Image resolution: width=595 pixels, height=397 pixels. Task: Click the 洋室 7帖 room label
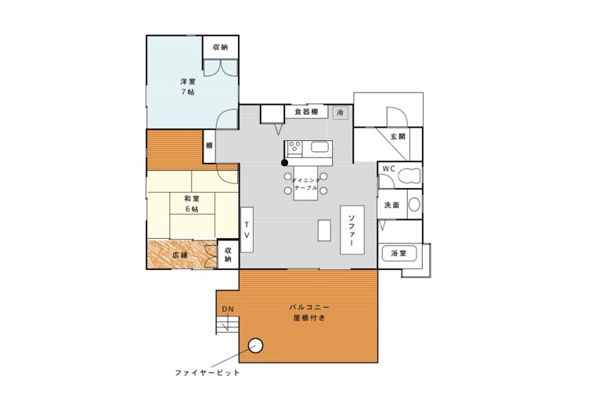(x=187, y=86)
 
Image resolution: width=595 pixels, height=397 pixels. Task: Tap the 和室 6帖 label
(x=191, y=204)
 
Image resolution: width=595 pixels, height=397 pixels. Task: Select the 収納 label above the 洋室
(x=220, y=47)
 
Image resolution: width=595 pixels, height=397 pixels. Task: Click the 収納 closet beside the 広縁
(x=228, y=254)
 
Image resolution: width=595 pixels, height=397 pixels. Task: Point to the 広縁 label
(x=179, y=255)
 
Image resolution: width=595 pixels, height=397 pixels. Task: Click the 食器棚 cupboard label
(x=306, y=112)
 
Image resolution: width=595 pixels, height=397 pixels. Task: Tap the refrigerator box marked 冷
(x=340, y=113)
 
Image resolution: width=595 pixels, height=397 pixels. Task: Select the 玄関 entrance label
(x=398, y=136)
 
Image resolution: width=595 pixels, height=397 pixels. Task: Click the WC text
(x=388, y=169)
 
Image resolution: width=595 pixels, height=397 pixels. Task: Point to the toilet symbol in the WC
(x=409, y=176)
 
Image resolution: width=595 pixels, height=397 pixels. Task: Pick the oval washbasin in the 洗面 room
(x=413, y=205)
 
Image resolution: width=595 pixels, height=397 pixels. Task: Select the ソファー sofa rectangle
(x=352, y=230)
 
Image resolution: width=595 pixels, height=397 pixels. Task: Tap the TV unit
(x=246, y=229)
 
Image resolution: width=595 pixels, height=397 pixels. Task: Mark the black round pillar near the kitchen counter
(x=285, y=163)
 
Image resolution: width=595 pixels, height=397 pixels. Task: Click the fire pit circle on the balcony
(x=254, y=345)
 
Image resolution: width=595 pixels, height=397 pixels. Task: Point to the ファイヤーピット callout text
(x=207, y=373)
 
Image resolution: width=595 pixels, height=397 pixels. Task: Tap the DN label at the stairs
(x=227, y=309)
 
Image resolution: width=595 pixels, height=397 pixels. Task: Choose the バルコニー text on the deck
(x=309, y=308)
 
